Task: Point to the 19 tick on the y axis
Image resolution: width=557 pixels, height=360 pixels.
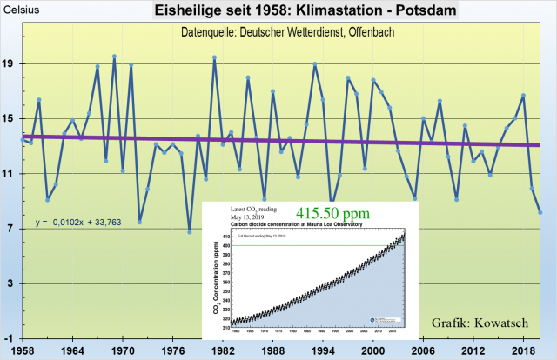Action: pyautogui.click(x=10, y=64)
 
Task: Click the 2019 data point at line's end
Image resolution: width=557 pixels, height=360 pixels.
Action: pyautogui.click(x=540, y=212)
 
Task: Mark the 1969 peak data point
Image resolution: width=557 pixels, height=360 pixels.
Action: pyautogui.click(x=115, y=57)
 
